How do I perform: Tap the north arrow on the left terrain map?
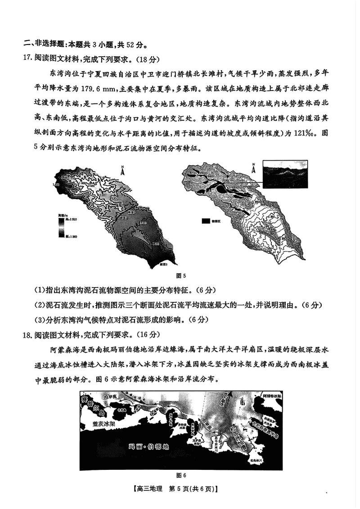pyautogui.click(x=122, y=170)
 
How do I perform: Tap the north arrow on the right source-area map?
pyautogui.click(x=253, y=169)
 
